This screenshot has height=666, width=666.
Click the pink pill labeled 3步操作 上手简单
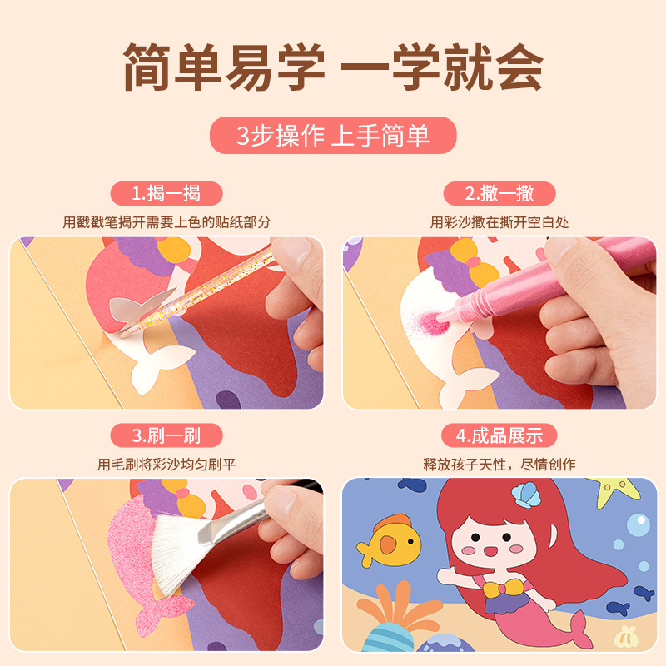333,136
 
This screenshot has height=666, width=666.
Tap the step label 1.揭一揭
166,194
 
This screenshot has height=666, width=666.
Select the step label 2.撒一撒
499,194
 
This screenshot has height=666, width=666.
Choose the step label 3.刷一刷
166,435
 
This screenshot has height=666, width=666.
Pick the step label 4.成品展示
499,435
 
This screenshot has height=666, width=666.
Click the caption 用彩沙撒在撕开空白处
499,222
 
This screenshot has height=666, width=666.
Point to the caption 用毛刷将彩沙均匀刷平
166,465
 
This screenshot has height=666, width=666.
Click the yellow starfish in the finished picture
614,492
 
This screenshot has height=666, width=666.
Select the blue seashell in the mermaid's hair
527,495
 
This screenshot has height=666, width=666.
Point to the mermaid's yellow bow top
503,589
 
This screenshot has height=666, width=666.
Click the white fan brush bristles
180,552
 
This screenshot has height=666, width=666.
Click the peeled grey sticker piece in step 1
140,304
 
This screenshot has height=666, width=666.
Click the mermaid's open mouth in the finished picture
490,551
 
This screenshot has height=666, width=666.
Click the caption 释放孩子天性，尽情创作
499,465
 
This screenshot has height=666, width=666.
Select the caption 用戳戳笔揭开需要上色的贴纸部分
166,222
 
